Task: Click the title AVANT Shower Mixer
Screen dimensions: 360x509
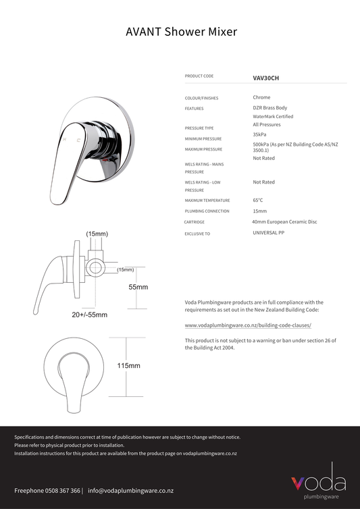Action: tap(181, 32)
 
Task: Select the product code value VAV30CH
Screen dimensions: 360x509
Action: tap(265, 78)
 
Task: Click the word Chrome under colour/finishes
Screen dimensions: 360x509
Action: tap(262, 98)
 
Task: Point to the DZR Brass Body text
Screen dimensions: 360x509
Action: tap(269, 108)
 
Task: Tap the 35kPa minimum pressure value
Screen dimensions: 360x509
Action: tap(260, 134)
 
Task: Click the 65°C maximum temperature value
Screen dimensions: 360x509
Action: tap(258, 200)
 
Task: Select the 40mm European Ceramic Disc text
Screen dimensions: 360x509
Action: tap(284, 221)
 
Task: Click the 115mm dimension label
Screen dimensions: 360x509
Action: tap(128, 366)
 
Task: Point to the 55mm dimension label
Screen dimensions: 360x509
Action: tap(138, 287)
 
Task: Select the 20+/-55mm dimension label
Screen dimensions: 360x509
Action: tap(90, 315)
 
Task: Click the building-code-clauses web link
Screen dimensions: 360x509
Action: tap(248, 325)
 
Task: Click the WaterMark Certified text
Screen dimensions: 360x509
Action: tap(274, 117)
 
